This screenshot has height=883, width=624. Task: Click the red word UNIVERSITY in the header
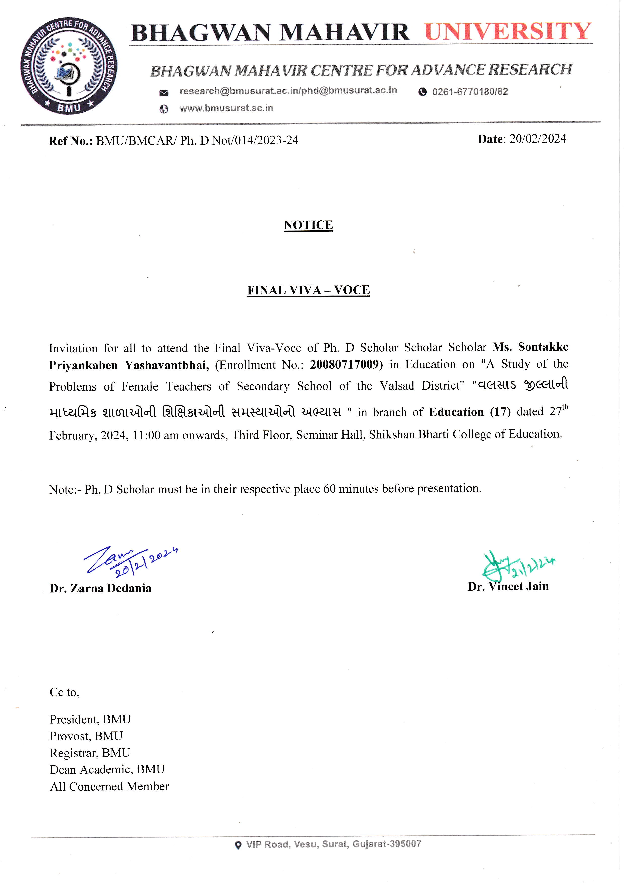click(508, 31)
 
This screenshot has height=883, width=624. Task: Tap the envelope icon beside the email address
click(164, 93)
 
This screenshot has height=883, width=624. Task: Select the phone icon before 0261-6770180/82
click(422, 92)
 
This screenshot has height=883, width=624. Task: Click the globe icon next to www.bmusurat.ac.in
click(164, 109)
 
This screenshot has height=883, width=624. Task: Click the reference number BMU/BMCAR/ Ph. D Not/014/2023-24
click(197, 140)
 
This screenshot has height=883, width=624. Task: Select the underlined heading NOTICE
click(308, 225)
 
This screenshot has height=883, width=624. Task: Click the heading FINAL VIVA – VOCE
click(308, 290)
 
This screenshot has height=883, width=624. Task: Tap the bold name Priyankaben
click(83, 365)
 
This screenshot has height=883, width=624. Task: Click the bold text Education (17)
click(470, 412)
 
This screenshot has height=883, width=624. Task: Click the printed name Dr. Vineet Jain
click(508, 586)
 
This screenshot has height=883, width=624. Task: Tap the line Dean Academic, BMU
click(107, 769)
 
